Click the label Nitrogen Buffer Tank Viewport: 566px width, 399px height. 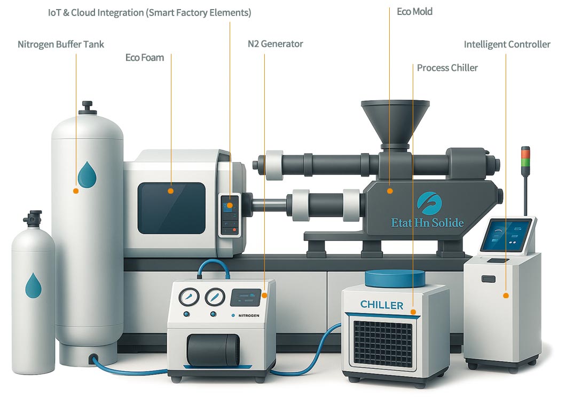[61, 44]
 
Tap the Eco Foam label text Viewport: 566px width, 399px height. [144, 58]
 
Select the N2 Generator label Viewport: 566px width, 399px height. [275, 44]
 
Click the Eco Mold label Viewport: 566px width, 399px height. [414, 11]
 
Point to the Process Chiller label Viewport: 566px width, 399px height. [447, 68]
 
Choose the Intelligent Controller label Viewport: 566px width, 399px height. [507, 44]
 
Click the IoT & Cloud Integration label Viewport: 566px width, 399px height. [150, 12]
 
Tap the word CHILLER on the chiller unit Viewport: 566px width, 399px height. [382, 305]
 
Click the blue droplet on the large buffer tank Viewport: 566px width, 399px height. [86, 174]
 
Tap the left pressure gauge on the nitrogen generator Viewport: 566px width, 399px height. [188, 297]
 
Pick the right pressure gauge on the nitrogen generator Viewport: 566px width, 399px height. [215, 297]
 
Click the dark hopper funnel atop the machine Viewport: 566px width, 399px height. [395, 119]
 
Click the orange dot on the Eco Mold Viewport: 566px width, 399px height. [390, 190]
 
